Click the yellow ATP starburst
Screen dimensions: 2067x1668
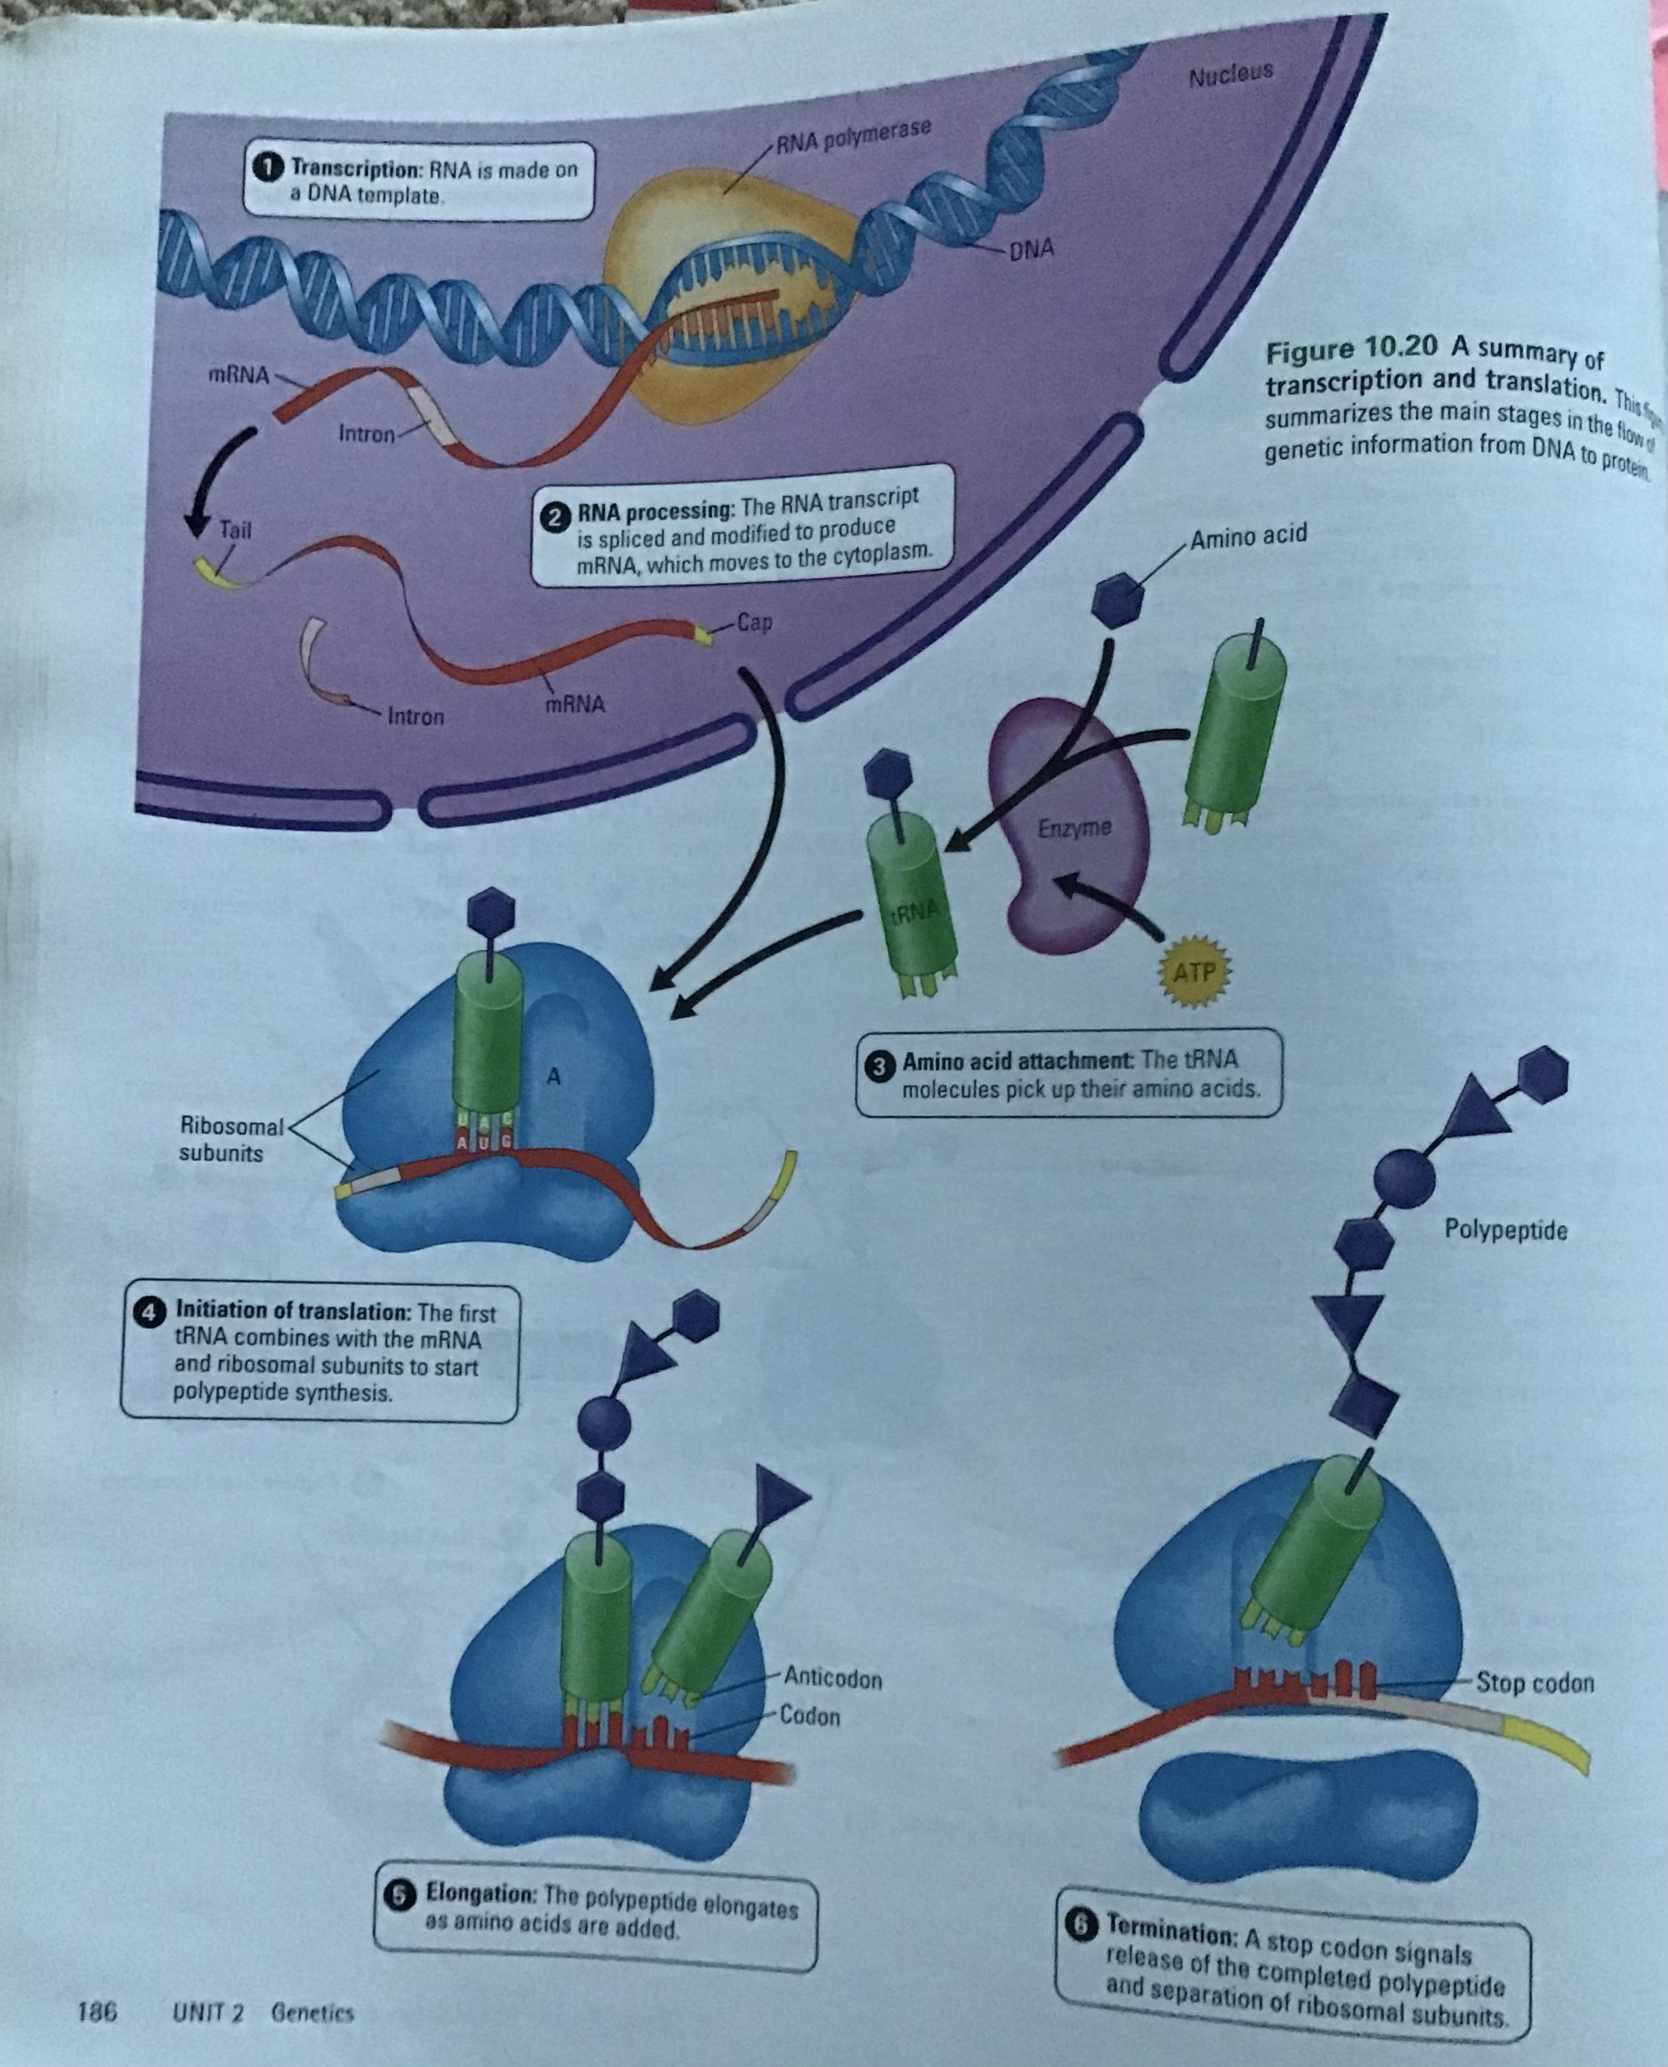(x=1192, y=972)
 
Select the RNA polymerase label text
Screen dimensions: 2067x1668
(x=853, y=137)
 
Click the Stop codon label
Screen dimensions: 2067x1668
(x=1534, y=1683)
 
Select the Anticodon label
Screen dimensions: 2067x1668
(x=832, y=1678)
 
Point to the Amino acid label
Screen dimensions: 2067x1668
(x=1248, y=535)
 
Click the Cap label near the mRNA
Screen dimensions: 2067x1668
(x=754, y=621)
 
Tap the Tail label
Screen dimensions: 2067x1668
(x=234, y=528)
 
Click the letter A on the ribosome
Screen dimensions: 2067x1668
(x=552, y=1077)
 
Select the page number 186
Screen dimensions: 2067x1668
(x=97, y=2011)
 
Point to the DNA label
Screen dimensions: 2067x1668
(x=1032, y=249)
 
